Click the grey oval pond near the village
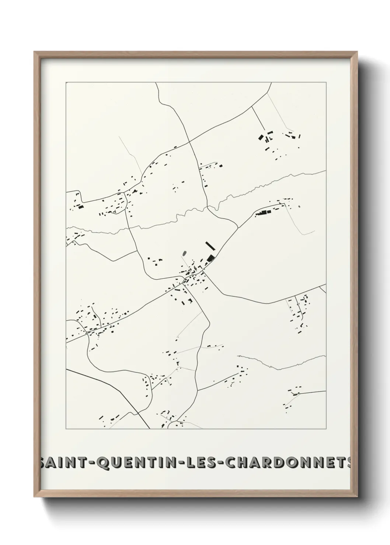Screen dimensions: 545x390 [x=184, y=254]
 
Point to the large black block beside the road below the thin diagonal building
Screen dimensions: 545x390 [x=210, y=258]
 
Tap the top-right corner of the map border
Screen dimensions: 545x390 [x=326, y=82]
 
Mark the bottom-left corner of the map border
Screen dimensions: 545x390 [x=66, y=429]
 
